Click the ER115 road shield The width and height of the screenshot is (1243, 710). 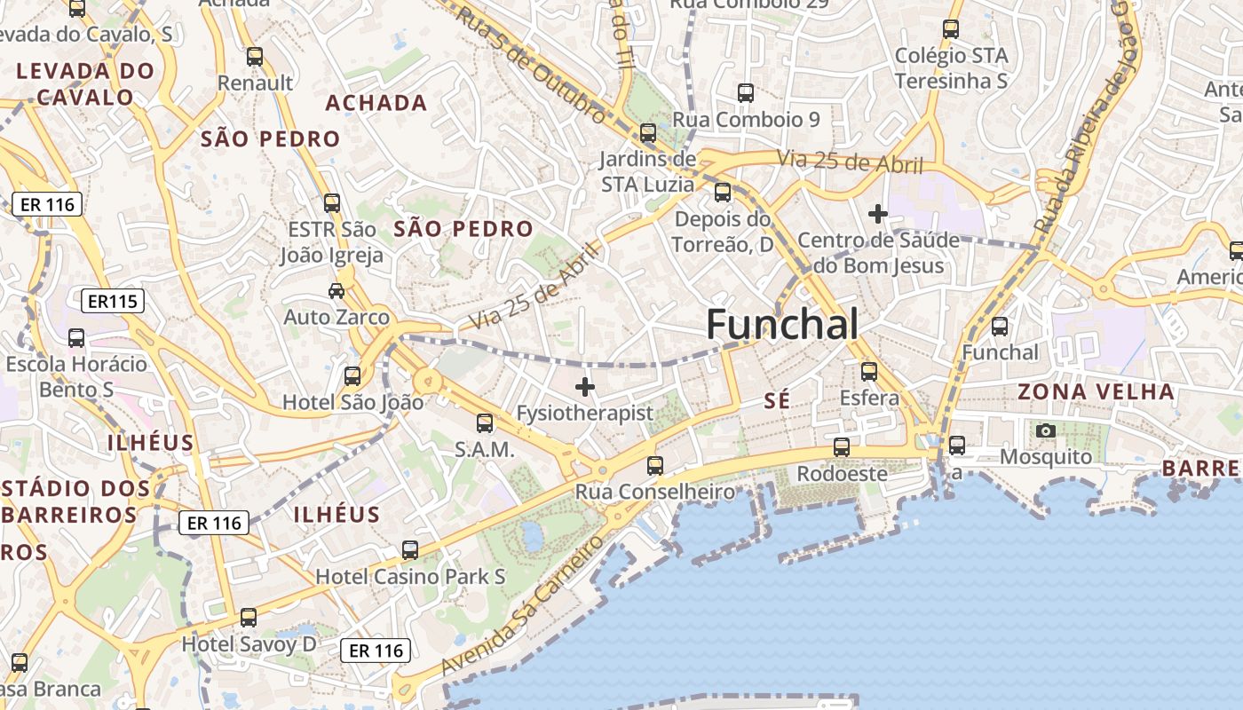point(113,302)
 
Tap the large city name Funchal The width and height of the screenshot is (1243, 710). point(782,325)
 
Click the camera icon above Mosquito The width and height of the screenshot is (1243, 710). point(1046,431)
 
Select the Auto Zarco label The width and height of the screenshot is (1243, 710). point(336,317)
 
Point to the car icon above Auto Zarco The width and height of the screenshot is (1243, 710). point(336,290)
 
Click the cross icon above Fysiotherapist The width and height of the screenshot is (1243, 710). point(585,387)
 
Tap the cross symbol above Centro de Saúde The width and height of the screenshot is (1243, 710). point(878,214)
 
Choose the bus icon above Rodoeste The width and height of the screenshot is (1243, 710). point(842,447)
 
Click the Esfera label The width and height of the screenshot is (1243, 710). point(869,398)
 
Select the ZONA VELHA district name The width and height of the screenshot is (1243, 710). point(1096,391)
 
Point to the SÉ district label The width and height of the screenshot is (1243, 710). point(776,401)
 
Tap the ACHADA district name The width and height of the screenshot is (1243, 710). point(376,103)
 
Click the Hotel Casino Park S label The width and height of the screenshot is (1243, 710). point(410,577)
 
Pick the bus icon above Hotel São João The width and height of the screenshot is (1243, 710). point(352,376)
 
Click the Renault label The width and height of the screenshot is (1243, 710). point(256,83)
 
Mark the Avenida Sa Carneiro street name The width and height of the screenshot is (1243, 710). point(522,603)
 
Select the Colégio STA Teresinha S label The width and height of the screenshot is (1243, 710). point(951,68)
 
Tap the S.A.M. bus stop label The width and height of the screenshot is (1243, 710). point(485,450)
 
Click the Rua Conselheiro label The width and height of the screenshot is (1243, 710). point(655,492)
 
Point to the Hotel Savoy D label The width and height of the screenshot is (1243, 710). point(249,643)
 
